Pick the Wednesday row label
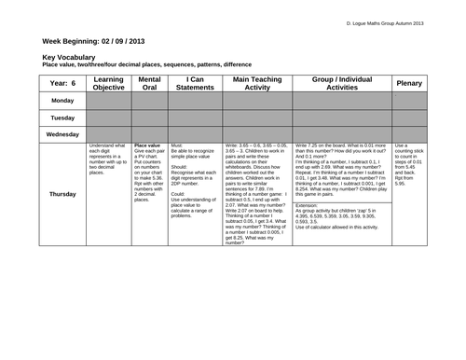tap(63, 134)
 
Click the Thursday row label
tap(63, 194)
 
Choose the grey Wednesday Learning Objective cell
tap(108, 134)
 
